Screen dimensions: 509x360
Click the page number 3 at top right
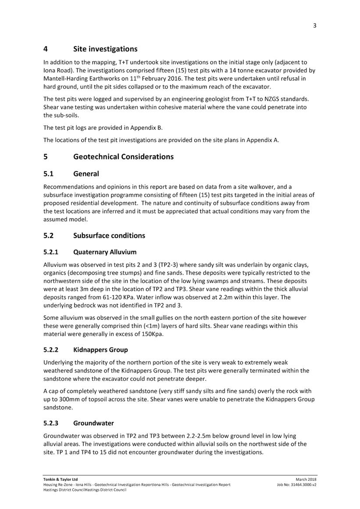(x=314, y=25)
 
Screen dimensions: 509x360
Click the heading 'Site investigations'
(x=105, y=49)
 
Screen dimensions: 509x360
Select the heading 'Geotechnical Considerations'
(x=123, y=157)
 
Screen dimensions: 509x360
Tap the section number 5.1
(x=50, y=174)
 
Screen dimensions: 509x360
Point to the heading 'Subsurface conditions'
(x=109, y=236)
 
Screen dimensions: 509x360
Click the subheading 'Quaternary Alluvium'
(x=105, y=252)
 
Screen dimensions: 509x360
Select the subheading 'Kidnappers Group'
(x=100, y=350)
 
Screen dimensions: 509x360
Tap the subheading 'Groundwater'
(x=93, y=423)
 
